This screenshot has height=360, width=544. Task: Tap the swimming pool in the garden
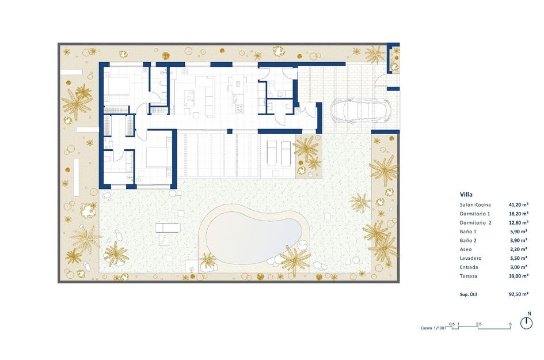point(254,232)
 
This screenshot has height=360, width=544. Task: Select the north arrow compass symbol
point(526,323)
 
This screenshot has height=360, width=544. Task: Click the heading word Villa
point(467,194)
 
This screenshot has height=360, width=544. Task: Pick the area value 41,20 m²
point(518,204)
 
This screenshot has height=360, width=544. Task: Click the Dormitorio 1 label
point(475,214)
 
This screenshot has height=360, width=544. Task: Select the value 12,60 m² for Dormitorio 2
point(518,222)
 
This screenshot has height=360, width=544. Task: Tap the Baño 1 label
point(469,232)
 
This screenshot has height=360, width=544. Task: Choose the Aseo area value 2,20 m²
point(519,249)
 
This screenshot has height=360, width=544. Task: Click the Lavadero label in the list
point(471,259)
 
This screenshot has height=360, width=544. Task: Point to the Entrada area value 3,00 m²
point(519,267)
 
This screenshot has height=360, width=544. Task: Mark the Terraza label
point(470,276)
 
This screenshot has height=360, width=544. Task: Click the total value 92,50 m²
point(518,294)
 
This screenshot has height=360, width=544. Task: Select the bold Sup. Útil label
point(469,294)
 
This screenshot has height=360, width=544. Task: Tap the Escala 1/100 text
point(432,328)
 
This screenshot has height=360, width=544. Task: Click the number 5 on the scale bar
point(511,324)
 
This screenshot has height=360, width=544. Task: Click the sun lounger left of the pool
point(168,228)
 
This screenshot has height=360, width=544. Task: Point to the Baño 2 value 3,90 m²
point(519,241)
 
